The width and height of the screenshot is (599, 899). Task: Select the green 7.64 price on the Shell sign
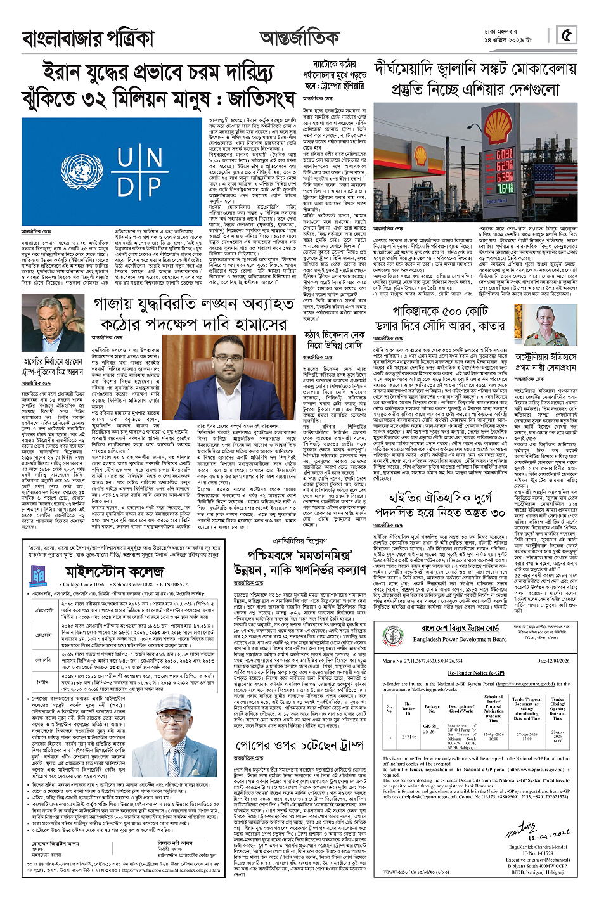[504, 188]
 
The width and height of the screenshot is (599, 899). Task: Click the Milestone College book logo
[39, 575]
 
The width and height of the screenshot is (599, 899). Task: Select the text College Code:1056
[83, 585]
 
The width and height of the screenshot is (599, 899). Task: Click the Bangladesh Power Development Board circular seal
[394, 637]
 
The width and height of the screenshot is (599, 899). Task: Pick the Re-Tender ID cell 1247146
[408, 737]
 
